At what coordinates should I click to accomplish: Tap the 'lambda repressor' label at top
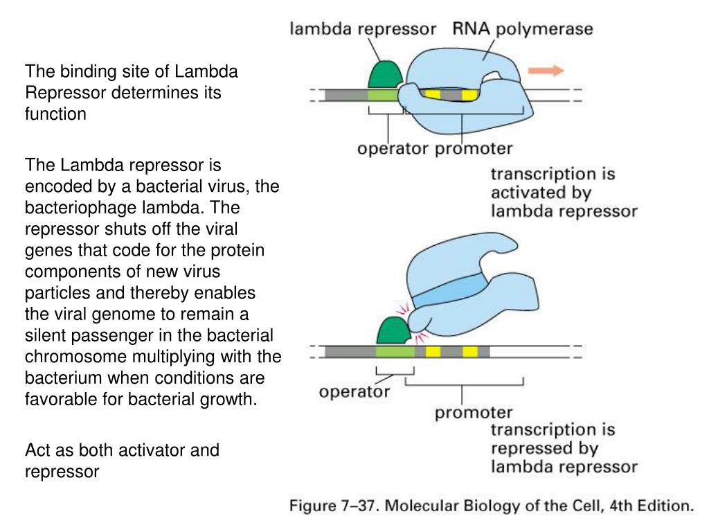[x=363, y=29]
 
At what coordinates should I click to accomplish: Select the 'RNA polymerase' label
[x=523, y=29]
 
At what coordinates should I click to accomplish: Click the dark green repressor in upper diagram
[x=384, y=74]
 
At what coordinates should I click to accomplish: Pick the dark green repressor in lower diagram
[x=393, y=331]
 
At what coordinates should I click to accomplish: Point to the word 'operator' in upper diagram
[x=393, y=148]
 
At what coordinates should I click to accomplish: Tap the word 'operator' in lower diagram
[x=354, y=392]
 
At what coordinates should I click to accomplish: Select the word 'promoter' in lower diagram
[x=474, y=413]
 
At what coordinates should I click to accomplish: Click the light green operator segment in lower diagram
[x=395, y=352]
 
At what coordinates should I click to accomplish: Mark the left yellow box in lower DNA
[x=433, y=352]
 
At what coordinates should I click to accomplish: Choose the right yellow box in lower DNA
[x=470, y=352]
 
